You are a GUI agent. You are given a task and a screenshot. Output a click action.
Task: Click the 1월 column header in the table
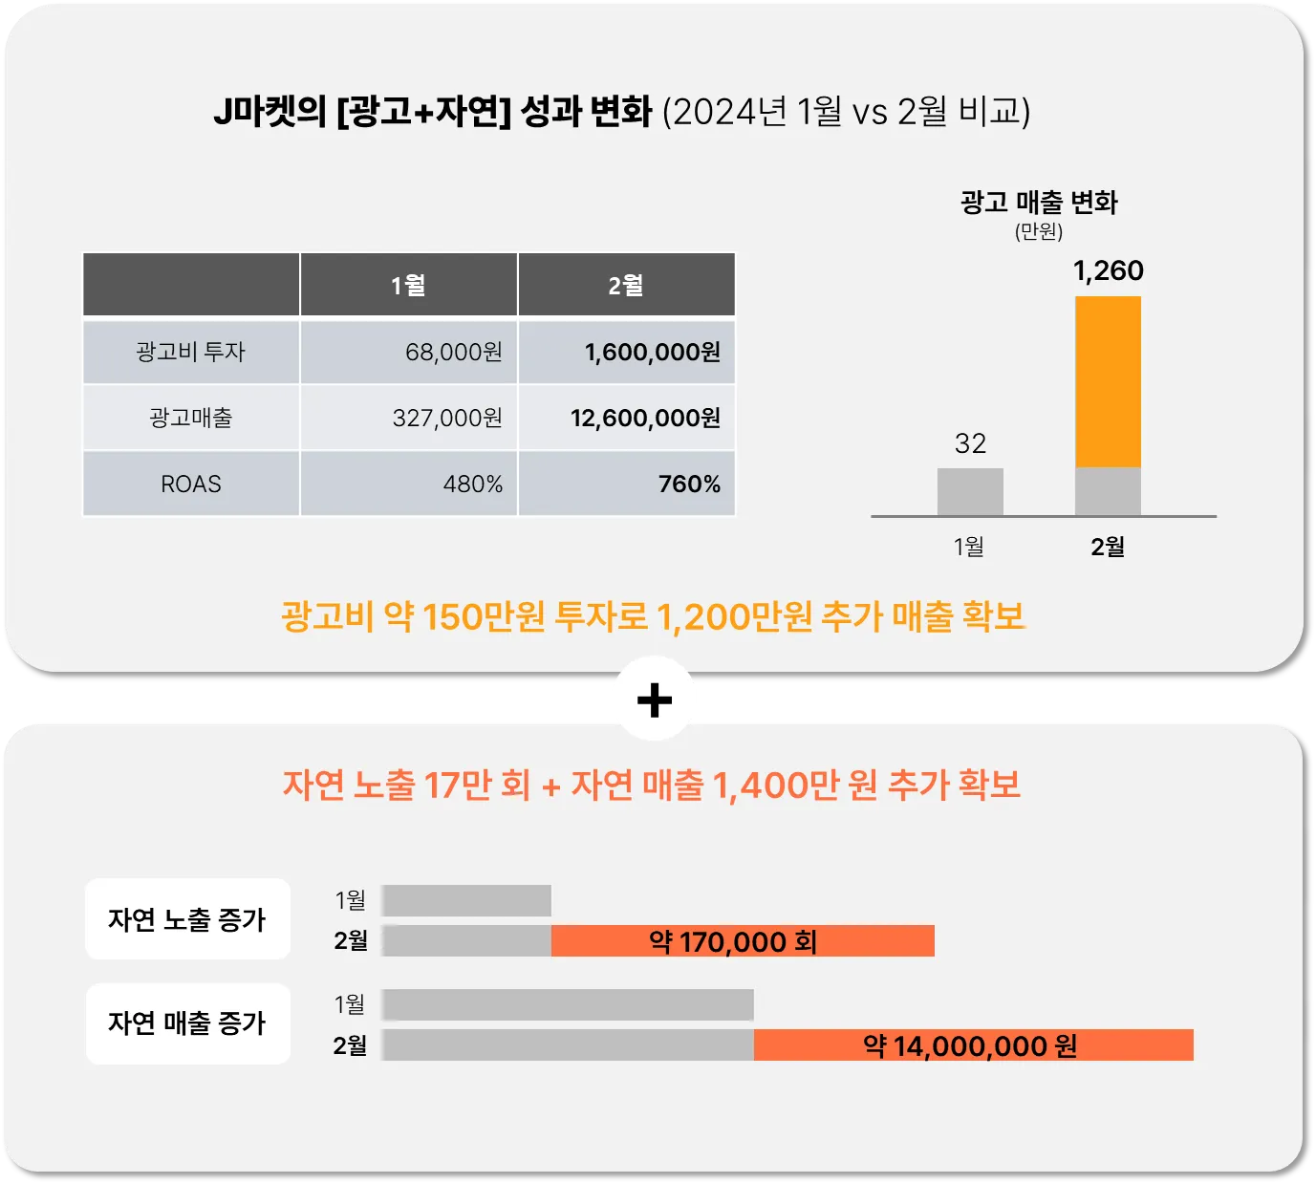pos(408,285)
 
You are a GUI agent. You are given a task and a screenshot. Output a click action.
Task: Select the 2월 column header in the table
pos(626,285)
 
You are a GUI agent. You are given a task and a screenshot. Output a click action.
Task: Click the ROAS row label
pos(191,484)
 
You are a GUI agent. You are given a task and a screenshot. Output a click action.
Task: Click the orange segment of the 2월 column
pos(1108,381)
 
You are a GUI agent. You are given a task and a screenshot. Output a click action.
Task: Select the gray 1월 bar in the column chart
pos(970,491)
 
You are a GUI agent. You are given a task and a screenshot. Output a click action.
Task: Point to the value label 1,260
pos(1108,270)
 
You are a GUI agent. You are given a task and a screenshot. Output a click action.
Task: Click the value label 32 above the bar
pos(970,443)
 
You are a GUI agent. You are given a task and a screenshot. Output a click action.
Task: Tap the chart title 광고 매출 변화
pos(1038,203)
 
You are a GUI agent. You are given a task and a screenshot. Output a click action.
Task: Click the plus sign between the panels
pos(655,700)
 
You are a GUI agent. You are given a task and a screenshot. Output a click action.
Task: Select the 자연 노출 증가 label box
pos(187,919)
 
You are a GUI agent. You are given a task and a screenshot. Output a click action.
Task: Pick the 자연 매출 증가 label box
pos(187,1023)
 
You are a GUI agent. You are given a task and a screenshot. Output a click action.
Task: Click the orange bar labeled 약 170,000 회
pos(743,941)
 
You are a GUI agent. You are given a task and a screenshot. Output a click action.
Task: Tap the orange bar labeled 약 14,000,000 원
pos(973,1045)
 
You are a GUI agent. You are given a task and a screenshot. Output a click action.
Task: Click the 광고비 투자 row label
pos(191,352)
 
